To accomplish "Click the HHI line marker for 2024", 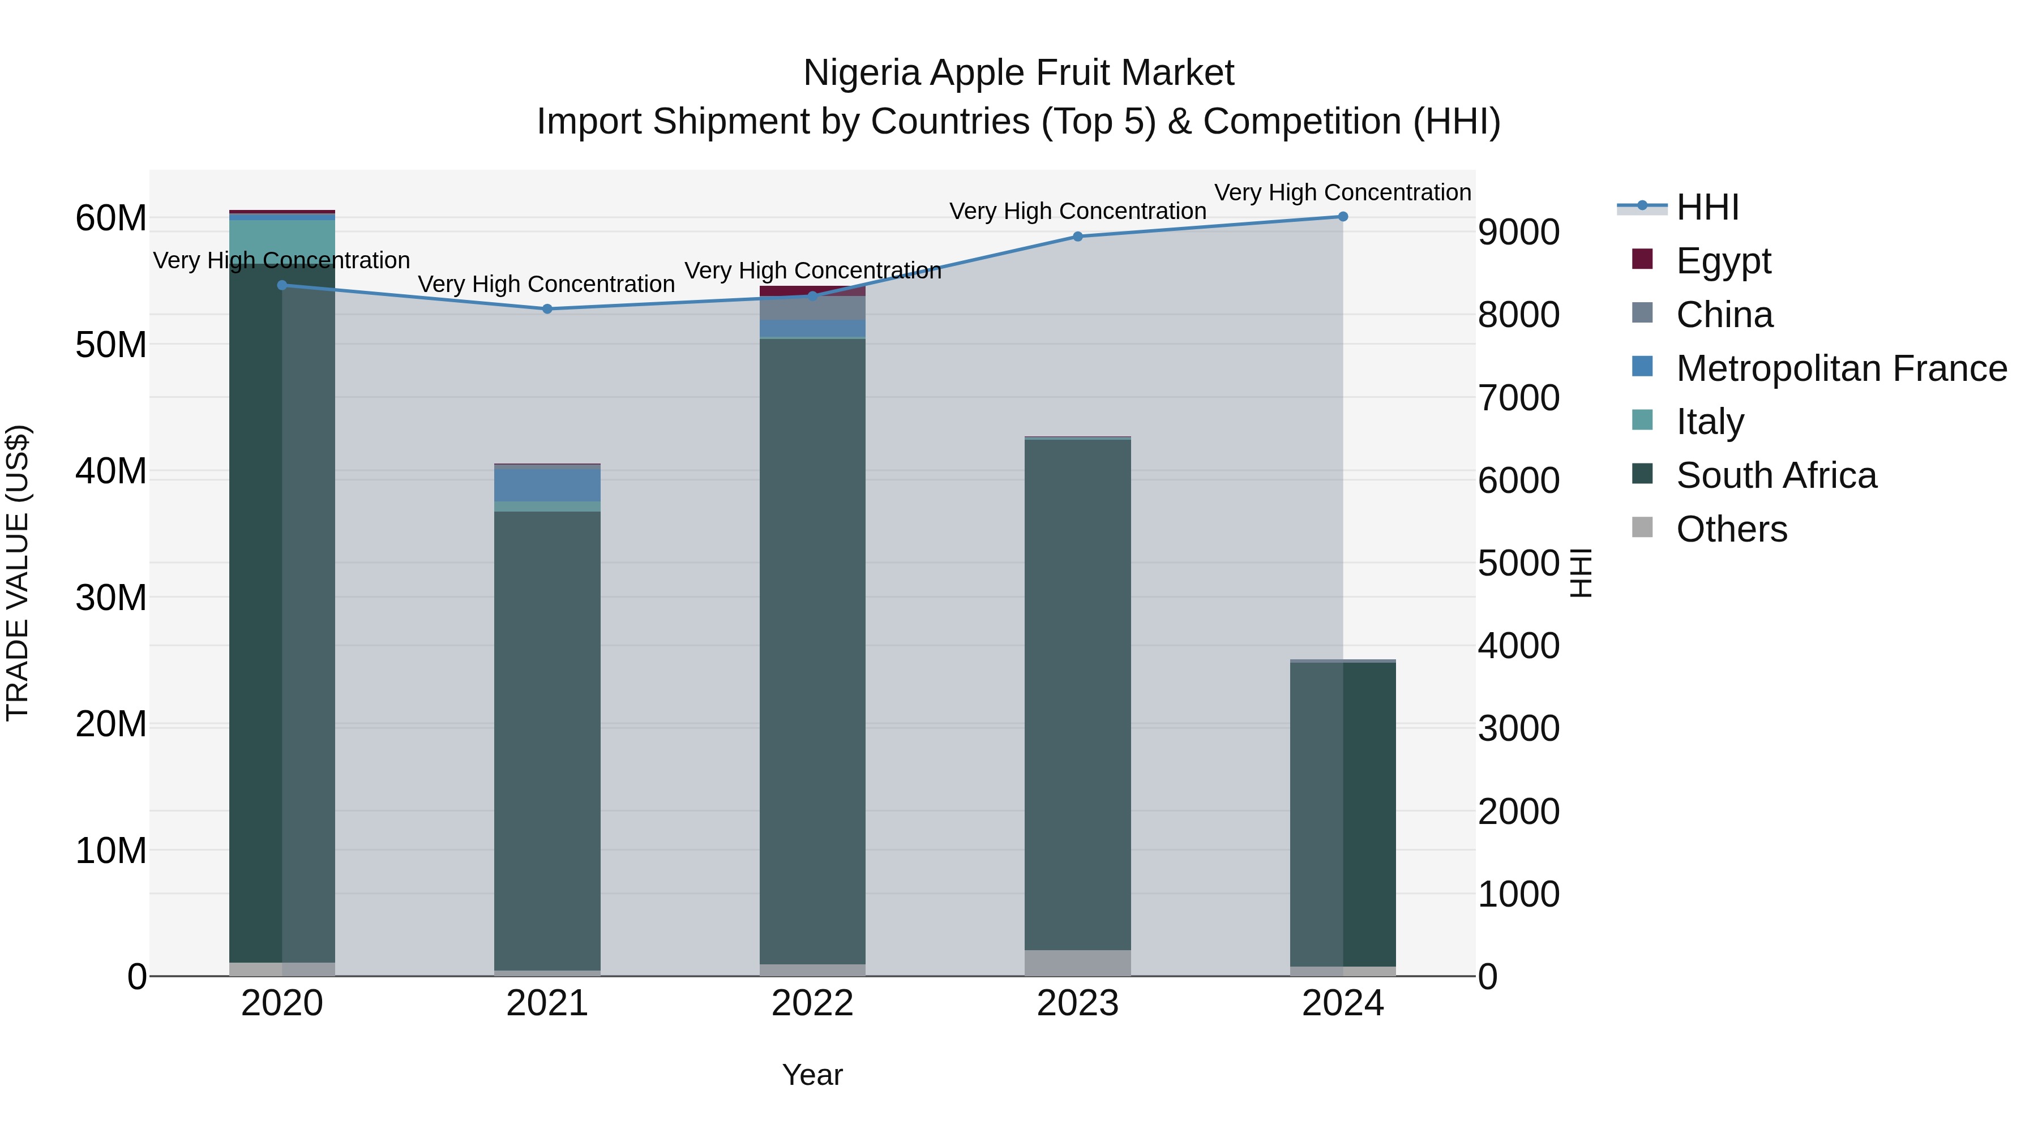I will point(1343,217).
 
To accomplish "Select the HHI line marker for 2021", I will point(547,309).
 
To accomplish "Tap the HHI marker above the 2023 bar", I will point(1077,237).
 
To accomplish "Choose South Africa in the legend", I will point(1775,475).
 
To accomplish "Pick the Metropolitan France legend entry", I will point(1840,368).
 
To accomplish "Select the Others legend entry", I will point(1731,529).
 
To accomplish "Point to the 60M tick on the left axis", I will point(111,218).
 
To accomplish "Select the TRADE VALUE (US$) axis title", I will point(18,573).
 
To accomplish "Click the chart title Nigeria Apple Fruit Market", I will point(1018,73).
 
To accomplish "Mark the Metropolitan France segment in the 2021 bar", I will point(547,485).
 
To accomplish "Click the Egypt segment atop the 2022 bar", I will point(812,291).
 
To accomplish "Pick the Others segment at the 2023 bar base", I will point(1077,963).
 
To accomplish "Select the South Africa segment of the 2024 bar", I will point(1343,814).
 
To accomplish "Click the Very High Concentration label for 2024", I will point(1343,193).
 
